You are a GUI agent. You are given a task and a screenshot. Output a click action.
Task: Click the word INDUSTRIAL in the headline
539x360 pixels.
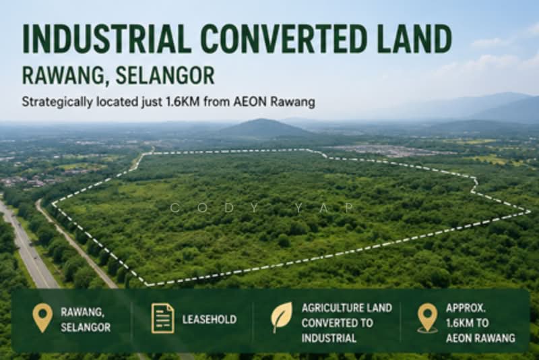(x=106, y=38)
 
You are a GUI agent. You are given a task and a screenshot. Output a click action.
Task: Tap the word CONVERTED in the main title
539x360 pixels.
(x=282, y=38)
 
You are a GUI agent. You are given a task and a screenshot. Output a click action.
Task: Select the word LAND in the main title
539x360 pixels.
(x=412, y=38)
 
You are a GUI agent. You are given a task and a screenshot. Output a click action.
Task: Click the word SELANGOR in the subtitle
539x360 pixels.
(x=165, y=76)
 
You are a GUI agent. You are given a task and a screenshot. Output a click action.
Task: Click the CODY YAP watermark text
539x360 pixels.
(x=262, y=208)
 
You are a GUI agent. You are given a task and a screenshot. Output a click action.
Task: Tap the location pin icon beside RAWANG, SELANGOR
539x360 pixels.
(x=42, y=318)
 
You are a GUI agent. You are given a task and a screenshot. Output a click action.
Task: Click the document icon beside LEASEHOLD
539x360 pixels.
(x=162, y=318)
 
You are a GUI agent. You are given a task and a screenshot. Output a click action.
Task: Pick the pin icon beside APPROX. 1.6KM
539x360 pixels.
(x=427, y=318)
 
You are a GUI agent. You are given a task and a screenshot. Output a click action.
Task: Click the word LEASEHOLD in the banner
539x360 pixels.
(x=210, y=320)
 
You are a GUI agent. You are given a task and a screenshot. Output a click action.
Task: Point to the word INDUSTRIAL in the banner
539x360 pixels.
(x=329, y=338)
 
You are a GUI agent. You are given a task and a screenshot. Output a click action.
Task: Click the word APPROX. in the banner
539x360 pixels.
(x=466, y=307)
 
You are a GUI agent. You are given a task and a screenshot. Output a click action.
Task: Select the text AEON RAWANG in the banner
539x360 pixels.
(x=480, y=338)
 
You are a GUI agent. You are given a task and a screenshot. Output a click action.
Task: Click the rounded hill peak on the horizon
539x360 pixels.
(x=263, y=121)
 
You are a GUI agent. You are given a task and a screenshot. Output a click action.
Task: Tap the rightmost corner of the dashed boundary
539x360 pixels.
(x=530, y=212)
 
